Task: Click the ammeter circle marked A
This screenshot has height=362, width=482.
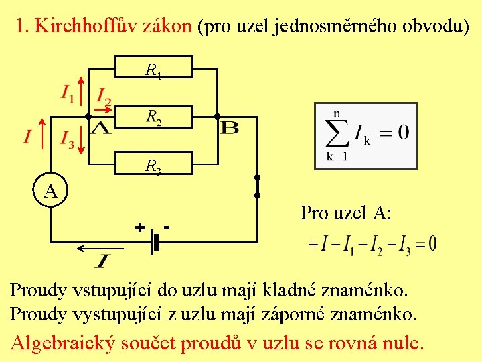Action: coord(50,190)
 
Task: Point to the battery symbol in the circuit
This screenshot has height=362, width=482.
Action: coord(155,241)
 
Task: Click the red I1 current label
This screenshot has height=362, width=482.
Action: coord(68,93)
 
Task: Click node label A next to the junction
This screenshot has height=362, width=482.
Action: coord(100,127)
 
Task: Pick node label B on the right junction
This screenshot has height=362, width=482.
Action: coord(229,127)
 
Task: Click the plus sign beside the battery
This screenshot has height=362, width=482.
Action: coord(139,227)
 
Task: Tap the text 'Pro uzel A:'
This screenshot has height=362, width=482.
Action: coord(345,213)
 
